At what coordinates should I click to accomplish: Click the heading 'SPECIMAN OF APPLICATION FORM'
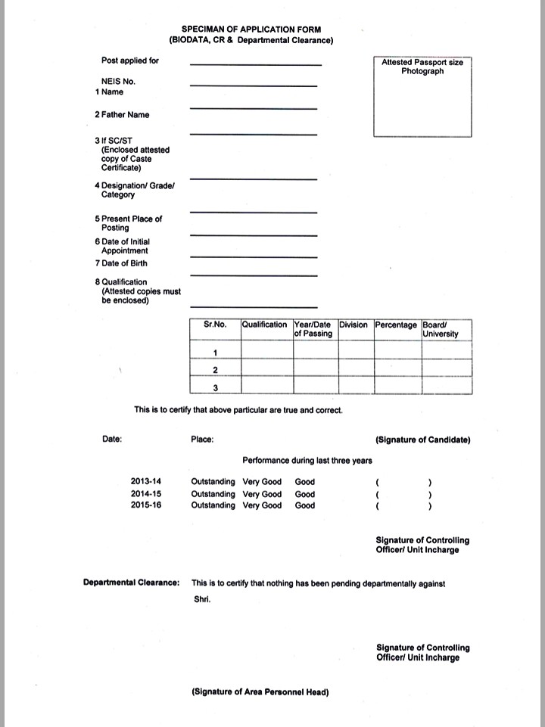point(251,29)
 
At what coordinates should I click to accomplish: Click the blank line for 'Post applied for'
point(255,64)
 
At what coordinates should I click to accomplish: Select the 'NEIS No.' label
point(120,80)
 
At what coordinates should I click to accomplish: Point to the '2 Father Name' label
point(122,115)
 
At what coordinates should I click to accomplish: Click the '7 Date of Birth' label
point(121,263)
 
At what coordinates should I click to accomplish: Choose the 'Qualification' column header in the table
point(264,325)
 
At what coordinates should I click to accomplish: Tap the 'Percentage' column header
point(396,325)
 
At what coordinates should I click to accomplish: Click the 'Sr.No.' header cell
point(216,325)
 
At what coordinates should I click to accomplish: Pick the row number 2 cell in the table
point(216,370)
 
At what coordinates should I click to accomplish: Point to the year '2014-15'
point(146,493)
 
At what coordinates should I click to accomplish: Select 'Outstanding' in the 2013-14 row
point(213,482)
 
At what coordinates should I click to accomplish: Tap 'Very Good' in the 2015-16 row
point(262,505)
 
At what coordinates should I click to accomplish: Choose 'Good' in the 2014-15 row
point(305,493)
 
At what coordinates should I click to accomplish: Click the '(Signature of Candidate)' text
point(422,440)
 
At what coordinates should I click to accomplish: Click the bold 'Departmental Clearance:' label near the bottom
point(131,583)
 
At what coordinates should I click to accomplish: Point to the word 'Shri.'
point(201,599)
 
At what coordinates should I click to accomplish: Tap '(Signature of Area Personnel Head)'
point(260,691)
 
